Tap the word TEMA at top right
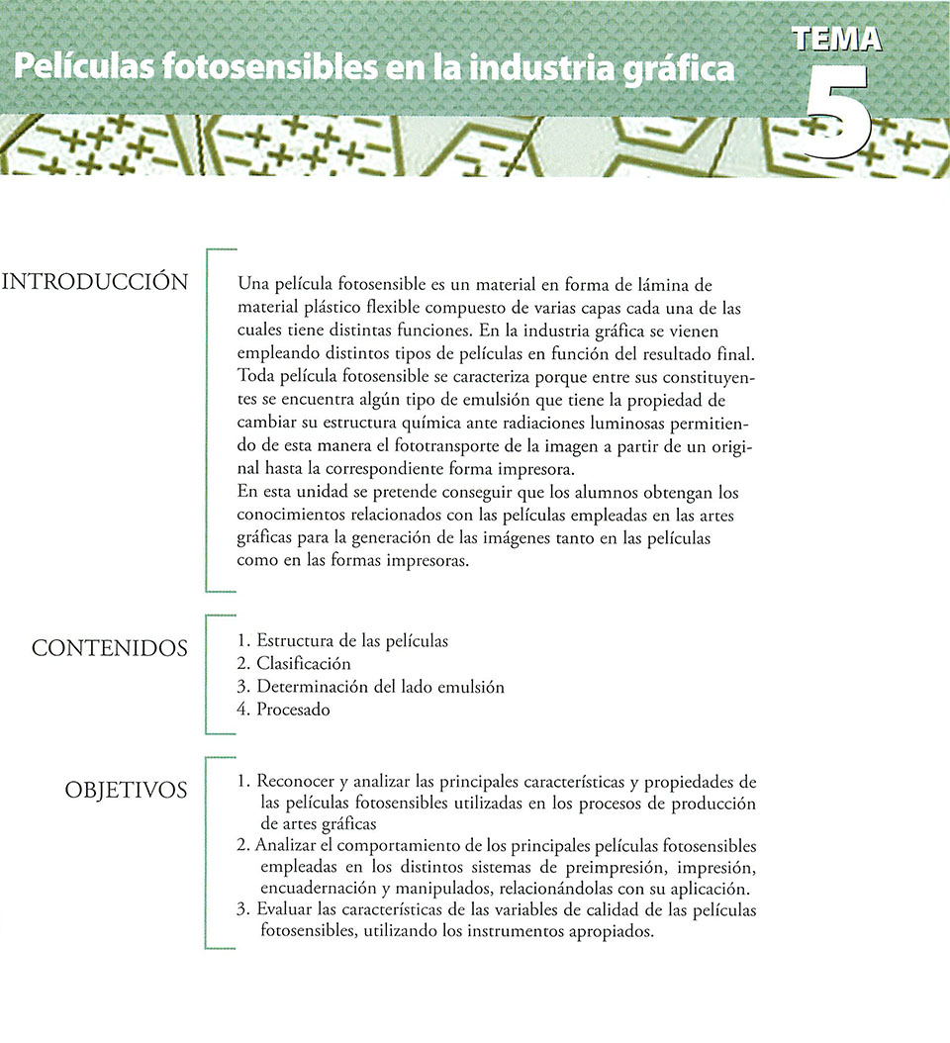click(837, 39)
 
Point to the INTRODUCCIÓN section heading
click(96, 282)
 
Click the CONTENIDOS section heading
click(109, 649)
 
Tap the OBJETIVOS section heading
click(126, 790)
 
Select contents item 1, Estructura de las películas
click(342, 641)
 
